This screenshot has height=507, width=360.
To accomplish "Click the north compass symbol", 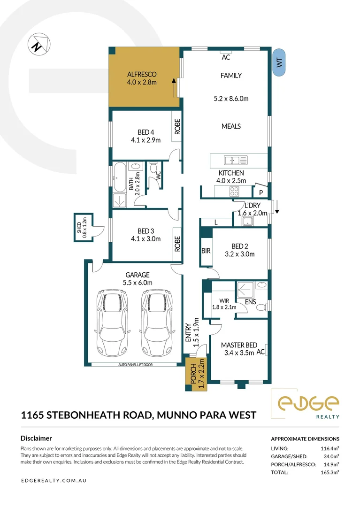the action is pyautogui.click(x=39, y=44).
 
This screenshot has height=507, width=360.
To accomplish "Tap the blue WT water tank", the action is pyautogui.click(x=279, y=62).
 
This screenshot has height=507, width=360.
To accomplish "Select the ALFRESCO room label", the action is pyautogui.click(x=142, y=74).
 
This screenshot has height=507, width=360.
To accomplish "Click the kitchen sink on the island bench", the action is pyautogui.click(x=236, y=160).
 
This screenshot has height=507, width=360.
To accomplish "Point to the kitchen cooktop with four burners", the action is pyautogui.click(x=234, y=192).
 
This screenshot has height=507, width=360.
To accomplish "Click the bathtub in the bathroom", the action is pyautogui.click(x=120, y=177).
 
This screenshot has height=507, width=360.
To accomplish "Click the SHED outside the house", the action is pyautogui.click(x=84, y=227).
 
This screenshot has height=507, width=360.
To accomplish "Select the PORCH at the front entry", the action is pyautogui.click(x=197, y=374).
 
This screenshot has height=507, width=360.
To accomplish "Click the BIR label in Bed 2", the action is pyautogui.click(x=206, y=251).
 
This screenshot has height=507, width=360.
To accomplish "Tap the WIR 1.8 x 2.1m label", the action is pyautogui.click(x=224, y=304).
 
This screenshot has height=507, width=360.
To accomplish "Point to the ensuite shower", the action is pyautogui.click(x=245, y=290).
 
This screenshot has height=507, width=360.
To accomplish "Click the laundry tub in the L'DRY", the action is pyautogui.click(x=248, y=222).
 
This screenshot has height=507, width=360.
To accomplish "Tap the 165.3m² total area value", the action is pyautogui.click(x=329, y=472).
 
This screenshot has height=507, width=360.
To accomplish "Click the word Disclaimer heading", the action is pyautogui.click(x=36, y=438).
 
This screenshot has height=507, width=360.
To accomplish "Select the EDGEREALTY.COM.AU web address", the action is pyautogui.click(x=54, y=481).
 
